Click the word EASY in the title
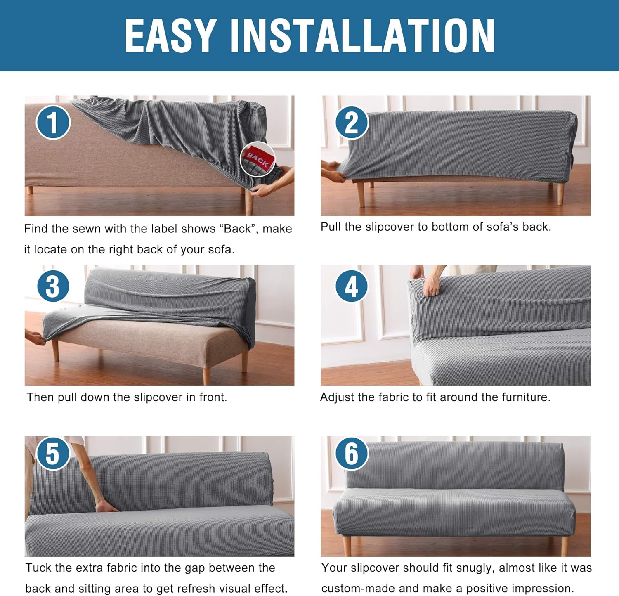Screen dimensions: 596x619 click(170, 36)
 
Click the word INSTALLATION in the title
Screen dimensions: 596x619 click(362, 36)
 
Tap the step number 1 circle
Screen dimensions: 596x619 click(53, 122)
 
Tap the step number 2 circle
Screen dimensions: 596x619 click(351, 122)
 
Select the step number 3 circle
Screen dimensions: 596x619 click(53, 286)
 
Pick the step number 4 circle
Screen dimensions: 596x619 click(351, 286)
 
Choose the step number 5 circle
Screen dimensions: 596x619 click(53, 453)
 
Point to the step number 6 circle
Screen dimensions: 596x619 click(351, 453)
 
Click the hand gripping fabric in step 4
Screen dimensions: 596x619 click(431, 285)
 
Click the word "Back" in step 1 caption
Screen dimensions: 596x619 click(237, 229)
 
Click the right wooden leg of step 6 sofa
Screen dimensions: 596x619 click(564, 545)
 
